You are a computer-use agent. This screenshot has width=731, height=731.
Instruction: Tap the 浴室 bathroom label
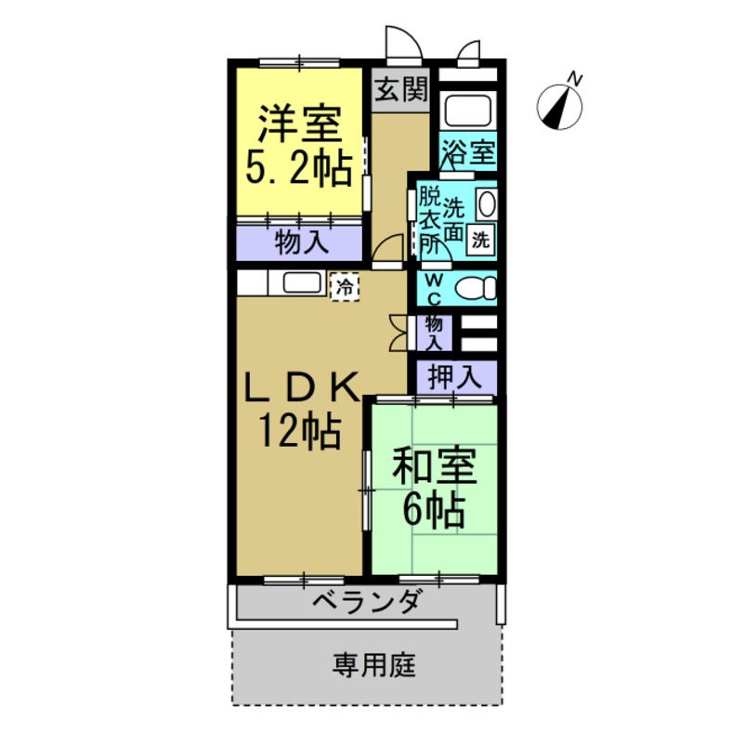coord(467,151)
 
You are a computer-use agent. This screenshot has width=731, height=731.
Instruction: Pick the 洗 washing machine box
coord(480,238)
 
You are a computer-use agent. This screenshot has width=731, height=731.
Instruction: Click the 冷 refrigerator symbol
coord(344,286)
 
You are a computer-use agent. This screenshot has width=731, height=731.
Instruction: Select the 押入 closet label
coord(455,377)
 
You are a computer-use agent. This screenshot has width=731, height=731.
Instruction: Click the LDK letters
coord(299,387)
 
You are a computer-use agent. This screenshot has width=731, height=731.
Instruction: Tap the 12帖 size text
coord(299,432)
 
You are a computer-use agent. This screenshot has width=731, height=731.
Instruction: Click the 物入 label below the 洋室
coord(300,243)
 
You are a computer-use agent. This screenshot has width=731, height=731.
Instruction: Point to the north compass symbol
coord(561,107)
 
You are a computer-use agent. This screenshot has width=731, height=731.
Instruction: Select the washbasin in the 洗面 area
coord(486,203)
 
